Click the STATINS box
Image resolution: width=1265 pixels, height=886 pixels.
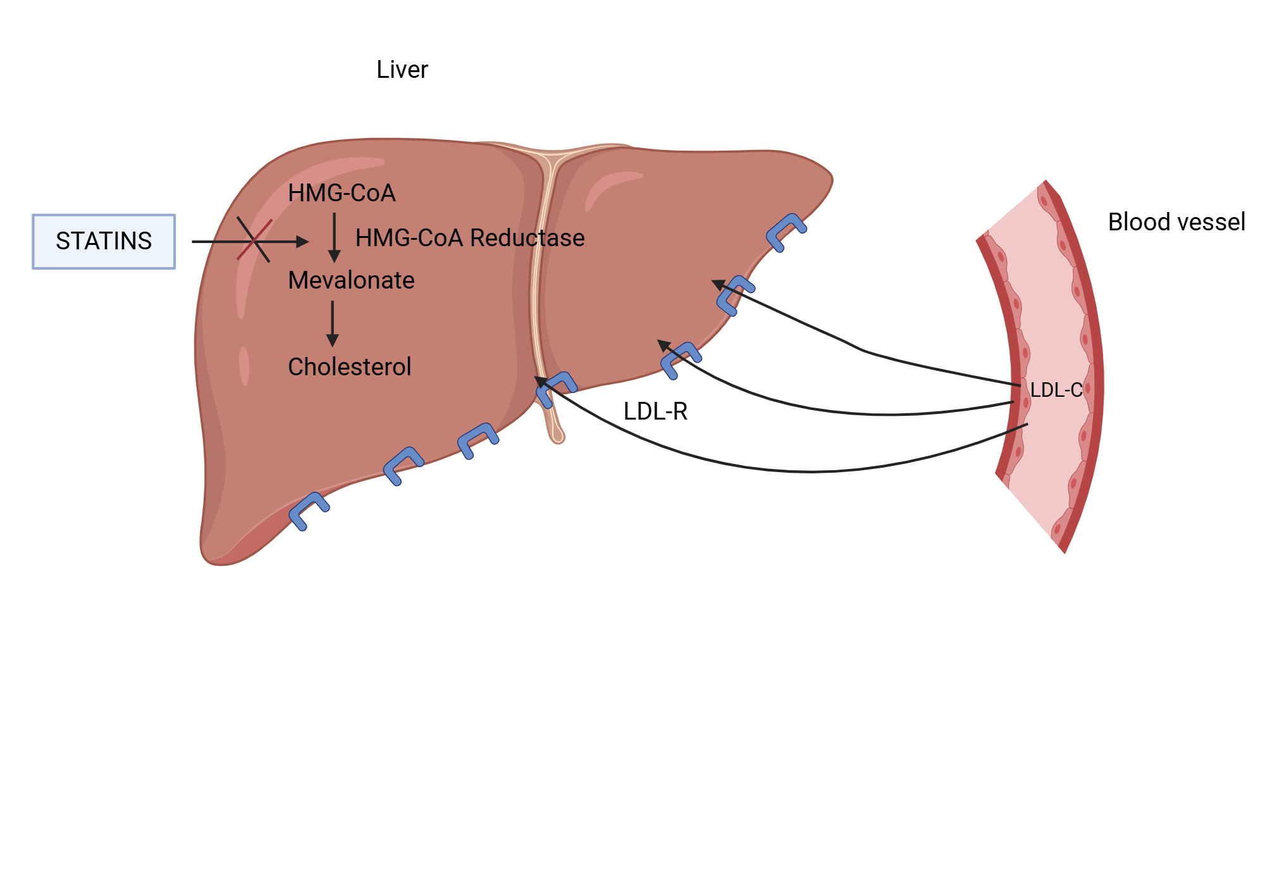(x=104, y=242)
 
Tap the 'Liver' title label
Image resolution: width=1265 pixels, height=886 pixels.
(x=402, y=70)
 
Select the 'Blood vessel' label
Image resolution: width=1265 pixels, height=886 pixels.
(x=1176, y=222)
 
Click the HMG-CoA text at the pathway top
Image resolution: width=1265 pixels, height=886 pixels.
(x=342, y=193)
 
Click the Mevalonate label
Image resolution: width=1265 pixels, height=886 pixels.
(x=351, y=280)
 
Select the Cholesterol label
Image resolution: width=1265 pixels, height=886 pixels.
(x=349, y=367)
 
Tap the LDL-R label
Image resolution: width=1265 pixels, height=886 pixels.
(x=655, y=411)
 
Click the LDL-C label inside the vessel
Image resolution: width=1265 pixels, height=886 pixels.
(x=1056, y=390)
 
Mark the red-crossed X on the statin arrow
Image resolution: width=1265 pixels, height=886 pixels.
(x=254, y=240)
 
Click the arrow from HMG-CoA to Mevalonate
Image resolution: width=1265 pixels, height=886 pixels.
(x=335, y=237)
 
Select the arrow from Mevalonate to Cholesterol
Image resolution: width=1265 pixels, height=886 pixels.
(x=333, y=323)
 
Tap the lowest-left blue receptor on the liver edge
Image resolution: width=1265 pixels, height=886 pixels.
(x=308, y=511)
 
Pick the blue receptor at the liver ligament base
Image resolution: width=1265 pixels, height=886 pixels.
(x=555, y=387)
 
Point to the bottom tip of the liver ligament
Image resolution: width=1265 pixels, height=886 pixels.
(x=557, y=437)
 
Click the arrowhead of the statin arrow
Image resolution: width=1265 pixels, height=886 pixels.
(x=303, y=242)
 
